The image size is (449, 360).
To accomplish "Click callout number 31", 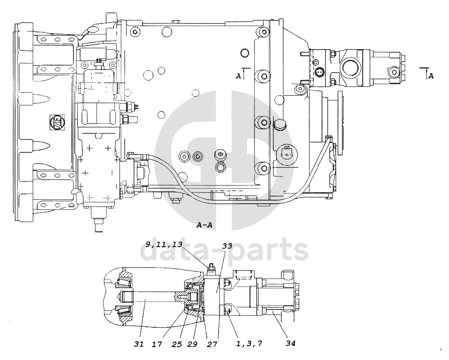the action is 139,344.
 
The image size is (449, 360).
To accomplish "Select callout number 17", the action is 157,344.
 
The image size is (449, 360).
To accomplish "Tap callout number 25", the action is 177,344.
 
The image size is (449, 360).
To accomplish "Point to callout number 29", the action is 192,344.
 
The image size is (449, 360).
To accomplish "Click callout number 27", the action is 212,344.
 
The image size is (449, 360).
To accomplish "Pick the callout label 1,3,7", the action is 249,343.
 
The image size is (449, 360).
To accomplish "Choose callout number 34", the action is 290,343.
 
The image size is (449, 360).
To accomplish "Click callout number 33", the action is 227,246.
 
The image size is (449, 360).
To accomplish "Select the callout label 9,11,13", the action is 164,244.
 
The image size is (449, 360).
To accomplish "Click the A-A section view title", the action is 204,225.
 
